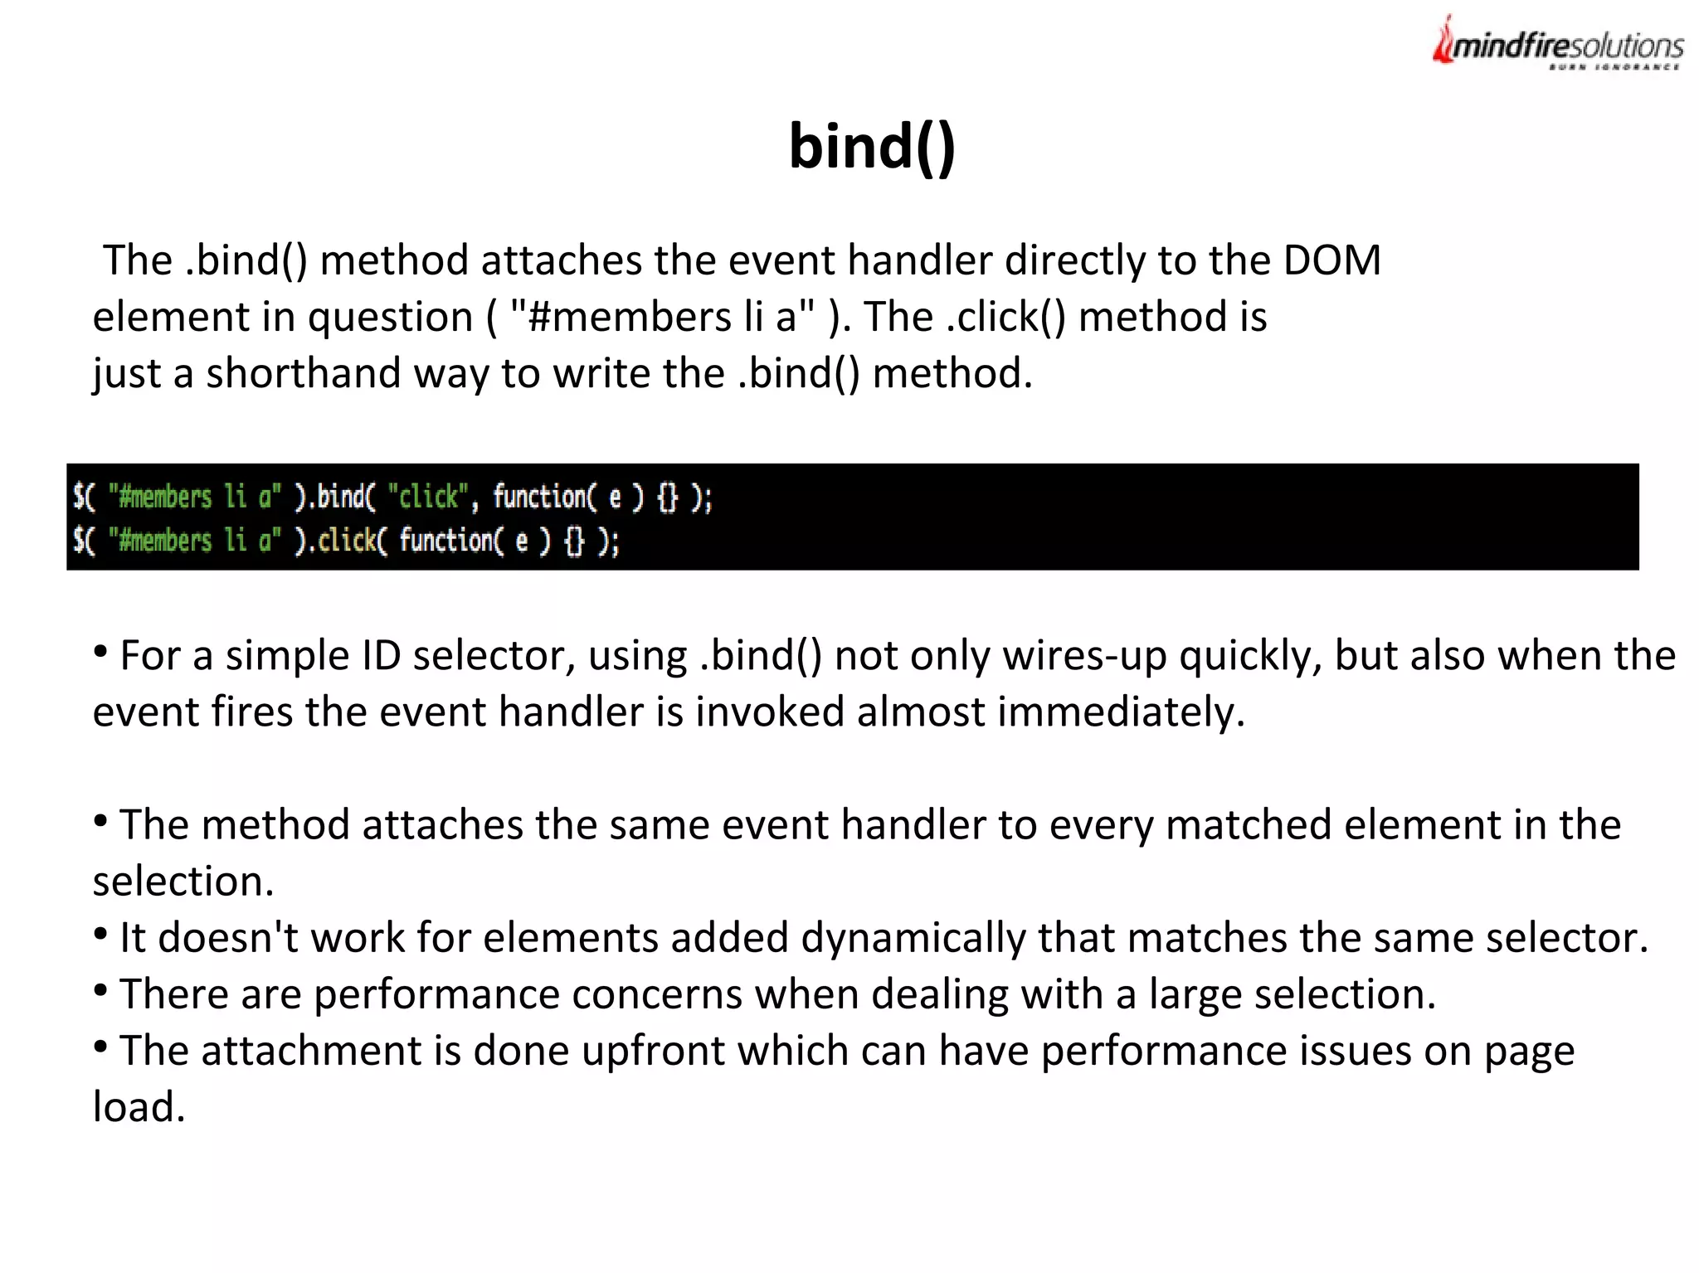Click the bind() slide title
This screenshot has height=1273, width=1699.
(x=872, y=147)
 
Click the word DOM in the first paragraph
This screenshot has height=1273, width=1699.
(x=1331, y=260)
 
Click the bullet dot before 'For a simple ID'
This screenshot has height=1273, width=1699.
(x=100, y=652)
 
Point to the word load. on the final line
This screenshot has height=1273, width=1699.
(x=139, y=1107)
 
